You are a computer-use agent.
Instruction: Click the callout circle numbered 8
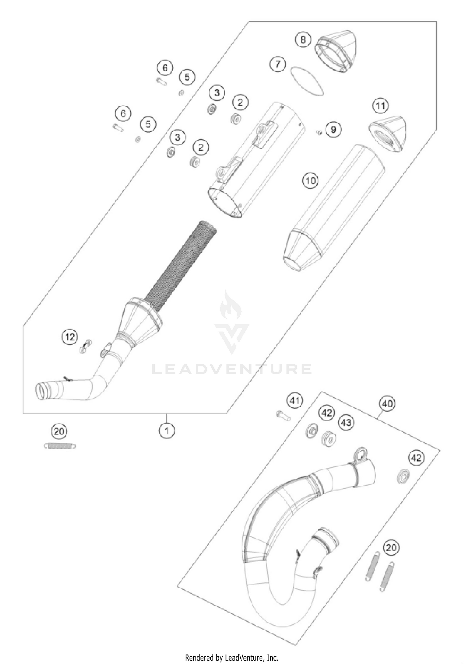[303, 40]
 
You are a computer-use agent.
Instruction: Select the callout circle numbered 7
[278, 64]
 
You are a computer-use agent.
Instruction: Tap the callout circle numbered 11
[380, 106]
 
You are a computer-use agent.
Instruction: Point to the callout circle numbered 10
[310, 180]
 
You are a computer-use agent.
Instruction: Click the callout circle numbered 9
[333, 129]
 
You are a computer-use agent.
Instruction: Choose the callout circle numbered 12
[70, 337]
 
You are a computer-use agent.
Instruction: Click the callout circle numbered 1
[167, 430]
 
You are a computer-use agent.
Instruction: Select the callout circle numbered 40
[387, 404]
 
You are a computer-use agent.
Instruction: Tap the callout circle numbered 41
[294, 401]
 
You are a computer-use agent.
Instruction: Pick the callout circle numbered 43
[346, 422]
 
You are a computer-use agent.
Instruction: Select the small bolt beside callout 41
[283, 416]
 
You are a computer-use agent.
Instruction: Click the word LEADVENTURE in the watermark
[232, 369]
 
